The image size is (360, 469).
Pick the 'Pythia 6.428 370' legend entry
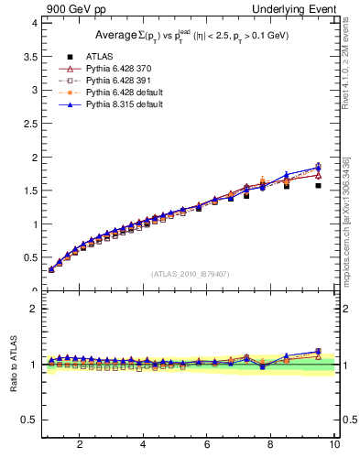(x=116, y=69)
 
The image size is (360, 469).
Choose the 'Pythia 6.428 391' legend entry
(x=116, y=81)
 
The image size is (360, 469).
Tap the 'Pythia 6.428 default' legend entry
(x=120, y=93)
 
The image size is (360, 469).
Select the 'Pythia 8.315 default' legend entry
(x=120, y=105)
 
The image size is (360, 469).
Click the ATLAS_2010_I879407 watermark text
(x=190, y=274)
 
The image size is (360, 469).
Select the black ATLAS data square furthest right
(x=318, y=185)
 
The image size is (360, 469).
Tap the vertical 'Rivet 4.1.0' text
(x=345, y=70)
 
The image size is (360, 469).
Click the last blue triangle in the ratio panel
(x=318, y=352)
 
